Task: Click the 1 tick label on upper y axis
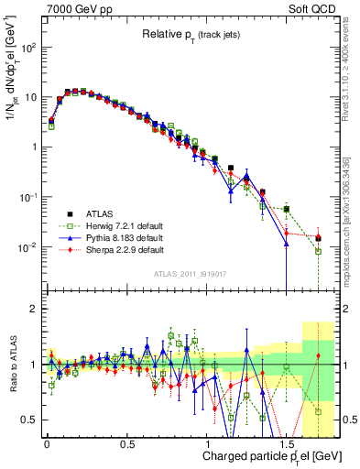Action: click(x=33, y=147)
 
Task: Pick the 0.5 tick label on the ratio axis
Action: click(x=29, y=420)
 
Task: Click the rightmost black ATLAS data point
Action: click(x=318, y=238)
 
